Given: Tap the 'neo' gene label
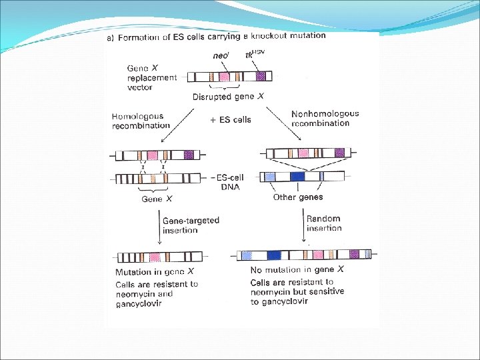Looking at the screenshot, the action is [x=221, y=57].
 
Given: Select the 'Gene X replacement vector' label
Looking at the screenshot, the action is [x=152, y=77].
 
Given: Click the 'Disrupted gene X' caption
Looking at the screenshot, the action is [x=228, y=97].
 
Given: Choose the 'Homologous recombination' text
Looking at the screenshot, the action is [x=141, y=121].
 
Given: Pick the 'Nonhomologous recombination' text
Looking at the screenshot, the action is [x=325, y=118].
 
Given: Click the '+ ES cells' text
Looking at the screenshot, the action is [x=229, y=119].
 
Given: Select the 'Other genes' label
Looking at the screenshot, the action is [x=298, y=197].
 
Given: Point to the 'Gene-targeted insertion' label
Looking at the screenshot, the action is [x=191, y=225].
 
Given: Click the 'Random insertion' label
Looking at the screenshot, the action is [x=323, y=223].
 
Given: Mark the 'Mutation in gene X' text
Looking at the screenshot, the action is [x=155, y=271].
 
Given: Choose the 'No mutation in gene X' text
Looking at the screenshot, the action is [x=297, y=269].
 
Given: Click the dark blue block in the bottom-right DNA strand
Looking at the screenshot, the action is [x=273, y=255].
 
